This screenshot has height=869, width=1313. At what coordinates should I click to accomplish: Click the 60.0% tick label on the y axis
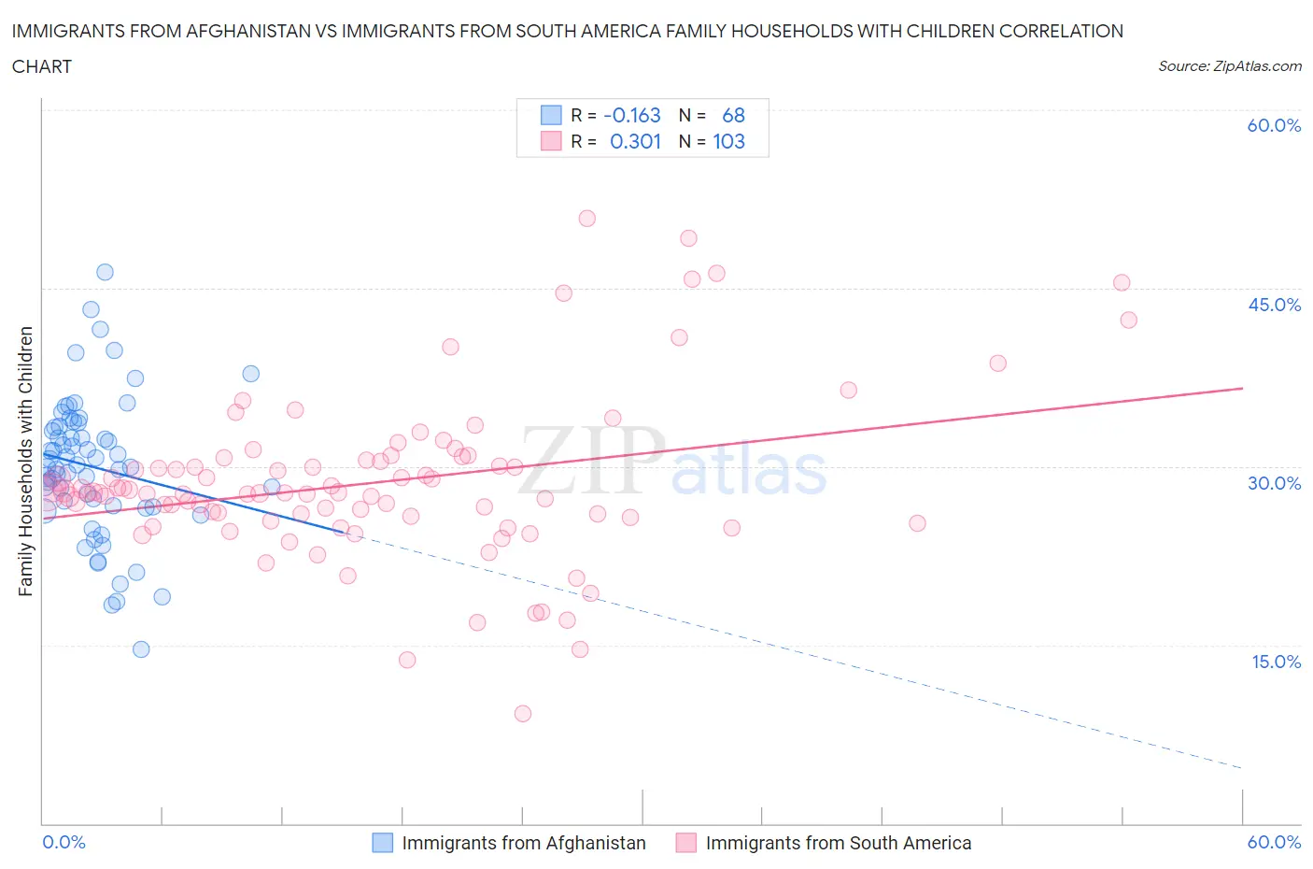coord(1274,125)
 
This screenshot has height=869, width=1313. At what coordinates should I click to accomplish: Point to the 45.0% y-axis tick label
coord(1274,305)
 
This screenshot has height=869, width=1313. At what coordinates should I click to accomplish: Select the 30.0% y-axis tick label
coord(1274,483)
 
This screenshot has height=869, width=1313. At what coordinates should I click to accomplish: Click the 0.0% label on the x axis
coord(64,842)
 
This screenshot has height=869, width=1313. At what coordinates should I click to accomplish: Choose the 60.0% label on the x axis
coord(1274,842)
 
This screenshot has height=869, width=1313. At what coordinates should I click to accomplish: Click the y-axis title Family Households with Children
coord(25,461)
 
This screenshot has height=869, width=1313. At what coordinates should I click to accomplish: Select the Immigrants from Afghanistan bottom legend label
coord(524,843)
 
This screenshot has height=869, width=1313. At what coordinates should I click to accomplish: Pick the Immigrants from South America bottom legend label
coord(838,843)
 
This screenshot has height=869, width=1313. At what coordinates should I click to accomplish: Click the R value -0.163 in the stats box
coord(632,115)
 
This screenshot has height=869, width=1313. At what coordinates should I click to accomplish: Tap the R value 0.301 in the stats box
coord(635,141)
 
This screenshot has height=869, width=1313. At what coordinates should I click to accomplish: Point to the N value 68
coord(733,115)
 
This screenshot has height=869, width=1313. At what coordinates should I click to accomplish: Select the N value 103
coord(728,141)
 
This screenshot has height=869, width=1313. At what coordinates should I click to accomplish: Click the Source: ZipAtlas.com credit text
coord(1229,65)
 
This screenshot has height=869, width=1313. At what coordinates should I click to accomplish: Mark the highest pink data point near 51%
coord(586,219)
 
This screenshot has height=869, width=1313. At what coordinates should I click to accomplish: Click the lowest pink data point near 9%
coord(523,714)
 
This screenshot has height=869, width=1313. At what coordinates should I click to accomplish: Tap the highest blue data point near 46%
coord(105,272)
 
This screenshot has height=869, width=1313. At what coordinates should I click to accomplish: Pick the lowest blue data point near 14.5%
coord(141,649)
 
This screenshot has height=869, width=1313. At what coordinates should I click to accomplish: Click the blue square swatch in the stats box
coord(551,115)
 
